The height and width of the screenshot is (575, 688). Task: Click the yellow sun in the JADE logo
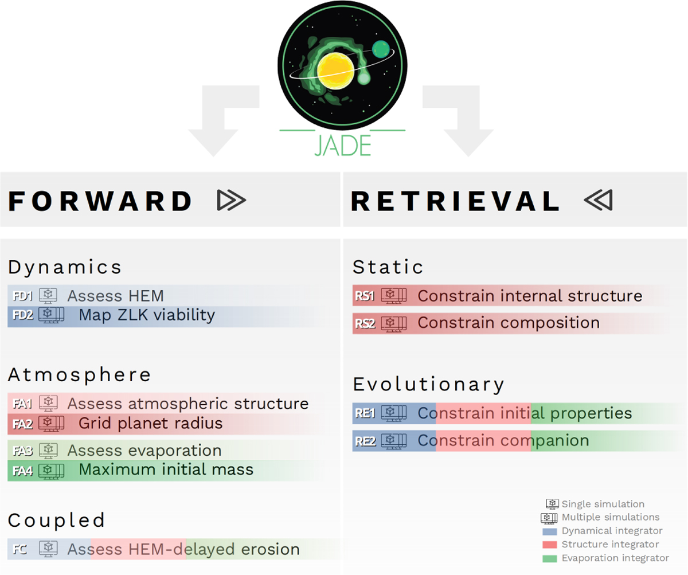pyautogui.click(x=335, y=71)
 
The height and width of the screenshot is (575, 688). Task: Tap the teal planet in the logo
pyautogui.click(x=381, y=49)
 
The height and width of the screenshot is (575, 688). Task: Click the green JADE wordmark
pyautogui.click(x=343, y=145)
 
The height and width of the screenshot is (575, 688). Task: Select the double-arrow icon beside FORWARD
pyautogui.click(x=231, y=200)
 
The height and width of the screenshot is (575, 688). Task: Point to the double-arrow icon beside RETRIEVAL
pyautogui.click(x=599, y=200)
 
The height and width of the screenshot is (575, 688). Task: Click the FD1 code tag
pyautogui.click(x=22, y=296)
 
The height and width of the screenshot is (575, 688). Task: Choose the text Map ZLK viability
pyautogui.click(x=147, y=315)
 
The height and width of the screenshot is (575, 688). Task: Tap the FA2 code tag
pyautogui.click(x=22, y=424)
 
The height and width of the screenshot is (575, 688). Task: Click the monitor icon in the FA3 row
pyautogui.click(x=48, y=451)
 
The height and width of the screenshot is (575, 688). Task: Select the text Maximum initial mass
pyautogui.click(x=166, y=469)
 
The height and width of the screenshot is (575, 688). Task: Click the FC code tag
pyautogui.click(x=19, y=549)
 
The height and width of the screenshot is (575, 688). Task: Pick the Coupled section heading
pyautogui.click(x=57, y=521)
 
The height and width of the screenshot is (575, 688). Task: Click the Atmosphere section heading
pyautogui.click(x=80, y=375)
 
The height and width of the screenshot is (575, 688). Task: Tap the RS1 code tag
pyautogui.click(x=365, y=296)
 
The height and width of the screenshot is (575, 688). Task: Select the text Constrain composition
pyautogui.click(x=509, y=323)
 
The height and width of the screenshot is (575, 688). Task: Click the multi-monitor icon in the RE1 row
pyautogui.click(x=393, y=413)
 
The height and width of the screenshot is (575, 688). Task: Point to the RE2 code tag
pyautogui.click(x=365, y=441)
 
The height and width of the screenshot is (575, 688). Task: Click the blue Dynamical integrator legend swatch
pyautogui.click(x=550, y=531)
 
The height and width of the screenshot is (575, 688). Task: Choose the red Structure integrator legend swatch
pyautogui.click(x=550, y=545)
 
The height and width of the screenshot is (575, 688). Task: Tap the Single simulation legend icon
pyautogui.click(x=552, y=504)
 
